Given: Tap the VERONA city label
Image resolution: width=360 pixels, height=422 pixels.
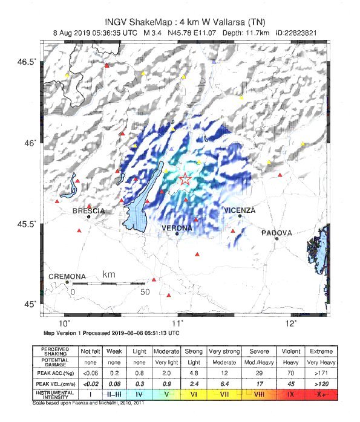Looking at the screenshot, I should [x=177, y=228].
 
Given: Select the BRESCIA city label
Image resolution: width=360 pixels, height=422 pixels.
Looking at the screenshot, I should [x=88, y=211].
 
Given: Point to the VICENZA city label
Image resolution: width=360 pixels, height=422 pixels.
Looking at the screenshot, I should [x=240, y=210].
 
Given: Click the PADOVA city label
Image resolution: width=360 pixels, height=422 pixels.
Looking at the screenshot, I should [x=277, y=233].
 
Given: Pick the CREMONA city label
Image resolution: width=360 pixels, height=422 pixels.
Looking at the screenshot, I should [x=67, y=276].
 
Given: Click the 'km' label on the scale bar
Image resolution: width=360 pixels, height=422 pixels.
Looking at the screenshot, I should [x=109, y=274].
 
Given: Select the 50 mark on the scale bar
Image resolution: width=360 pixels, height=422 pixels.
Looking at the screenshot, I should [x=145, y=292].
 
